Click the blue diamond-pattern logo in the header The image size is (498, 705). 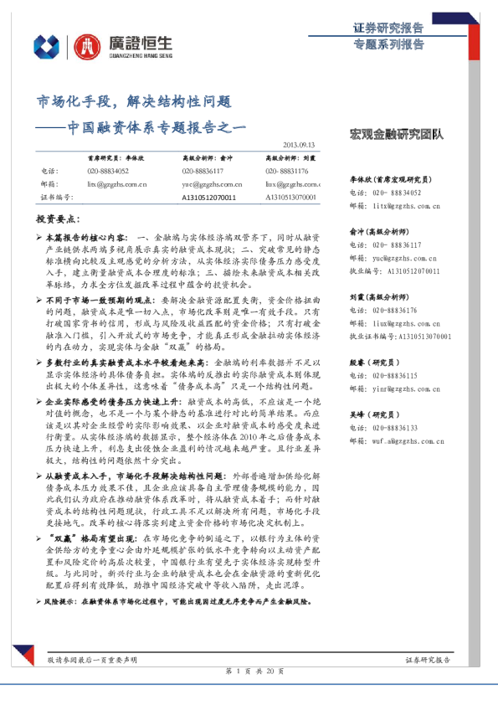tap(46, 47)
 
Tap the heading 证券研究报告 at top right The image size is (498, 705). tap(388, 28)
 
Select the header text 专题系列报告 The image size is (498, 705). tap(388, 44)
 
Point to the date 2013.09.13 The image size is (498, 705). tap(300, 144)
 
